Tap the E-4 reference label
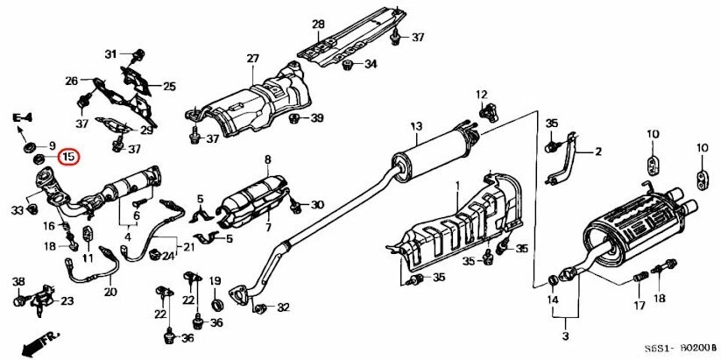pos(22,116)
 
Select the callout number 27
pos(252,59)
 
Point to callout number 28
pos(318,24)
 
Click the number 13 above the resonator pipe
pos(415,126)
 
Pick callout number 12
pos(481,94)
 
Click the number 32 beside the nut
pos(282,307)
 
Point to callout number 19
pos(214,280)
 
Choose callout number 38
pos(18,281)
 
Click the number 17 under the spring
pos(639,306)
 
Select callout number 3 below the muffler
pos(565,336)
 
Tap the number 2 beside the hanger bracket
pos(599,152)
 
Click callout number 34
pos(371,64)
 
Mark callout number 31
pos(111,54)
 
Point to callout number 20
pos(110,292)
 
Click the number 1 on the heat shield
pos(456,186)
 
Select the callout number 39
pos(316,118)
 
